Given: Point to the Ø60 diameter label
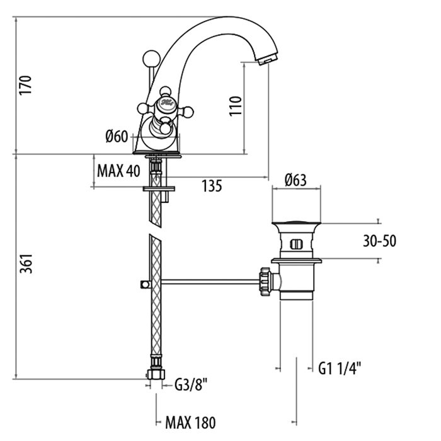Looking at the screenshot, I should (117, 135).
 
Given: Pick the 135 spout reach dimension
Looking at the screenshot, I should (212, 186).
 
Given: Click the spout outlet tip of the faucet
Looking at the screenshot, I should (267, 59).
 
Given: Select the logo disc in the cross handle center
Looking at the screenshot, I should (166, 102).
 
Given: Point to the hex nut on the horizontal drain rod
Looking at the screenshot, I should (265, 280).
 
